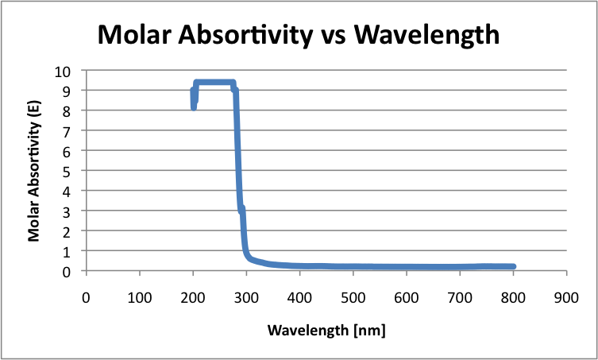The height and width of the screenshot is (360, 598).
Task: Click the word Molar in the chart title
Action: [132, 34]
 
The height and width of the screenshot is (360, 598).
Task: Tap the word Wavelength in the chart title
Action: [427, 34]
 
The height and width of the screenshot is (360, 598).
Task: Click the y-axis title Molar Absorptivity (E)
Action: [34, 170]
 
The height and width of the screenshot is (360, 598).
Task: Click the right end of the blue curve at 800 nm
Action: [513, 267]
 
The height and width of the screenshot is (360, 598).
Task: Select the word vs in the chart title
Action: [330, 34]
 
